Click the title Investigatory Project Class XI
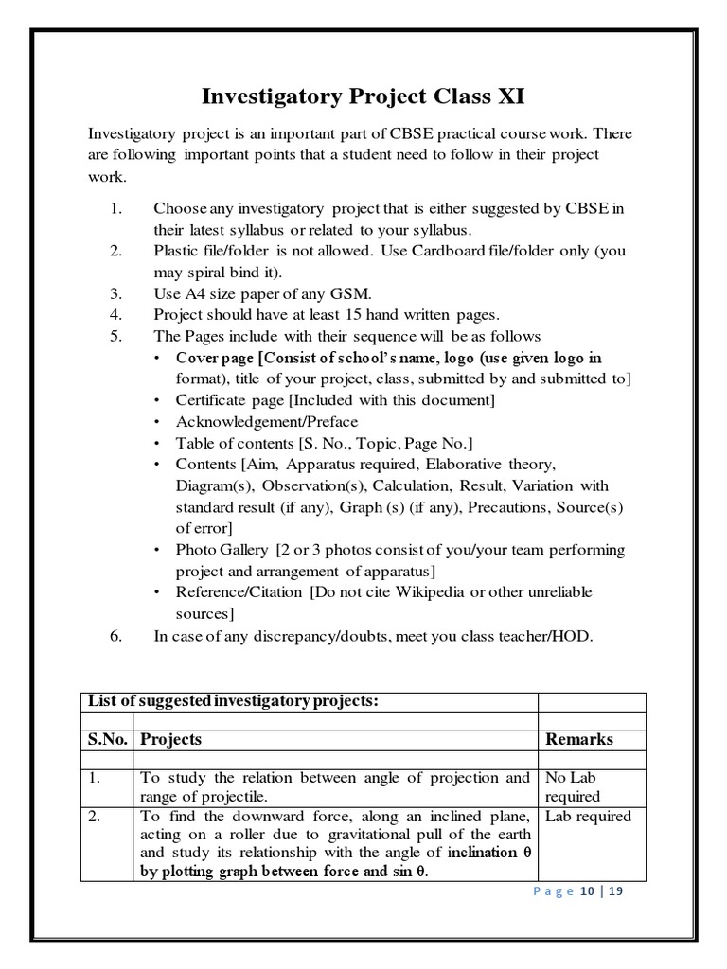(363, 97)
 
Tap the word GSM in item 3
(347, 293)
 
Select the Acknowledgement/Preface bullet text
(267, 422)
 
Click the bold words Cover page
(217, 359)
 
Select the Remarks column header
(579, 739)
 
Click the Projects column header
(170, 739)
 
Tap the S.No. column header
(107, 739)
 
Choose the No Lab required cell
(573, 787)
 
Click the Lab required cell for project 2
(588, 817)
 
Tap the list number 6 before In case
(115, 636)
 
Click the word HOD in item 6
(573, 636)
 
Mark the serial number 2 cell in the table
(94, 817)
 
